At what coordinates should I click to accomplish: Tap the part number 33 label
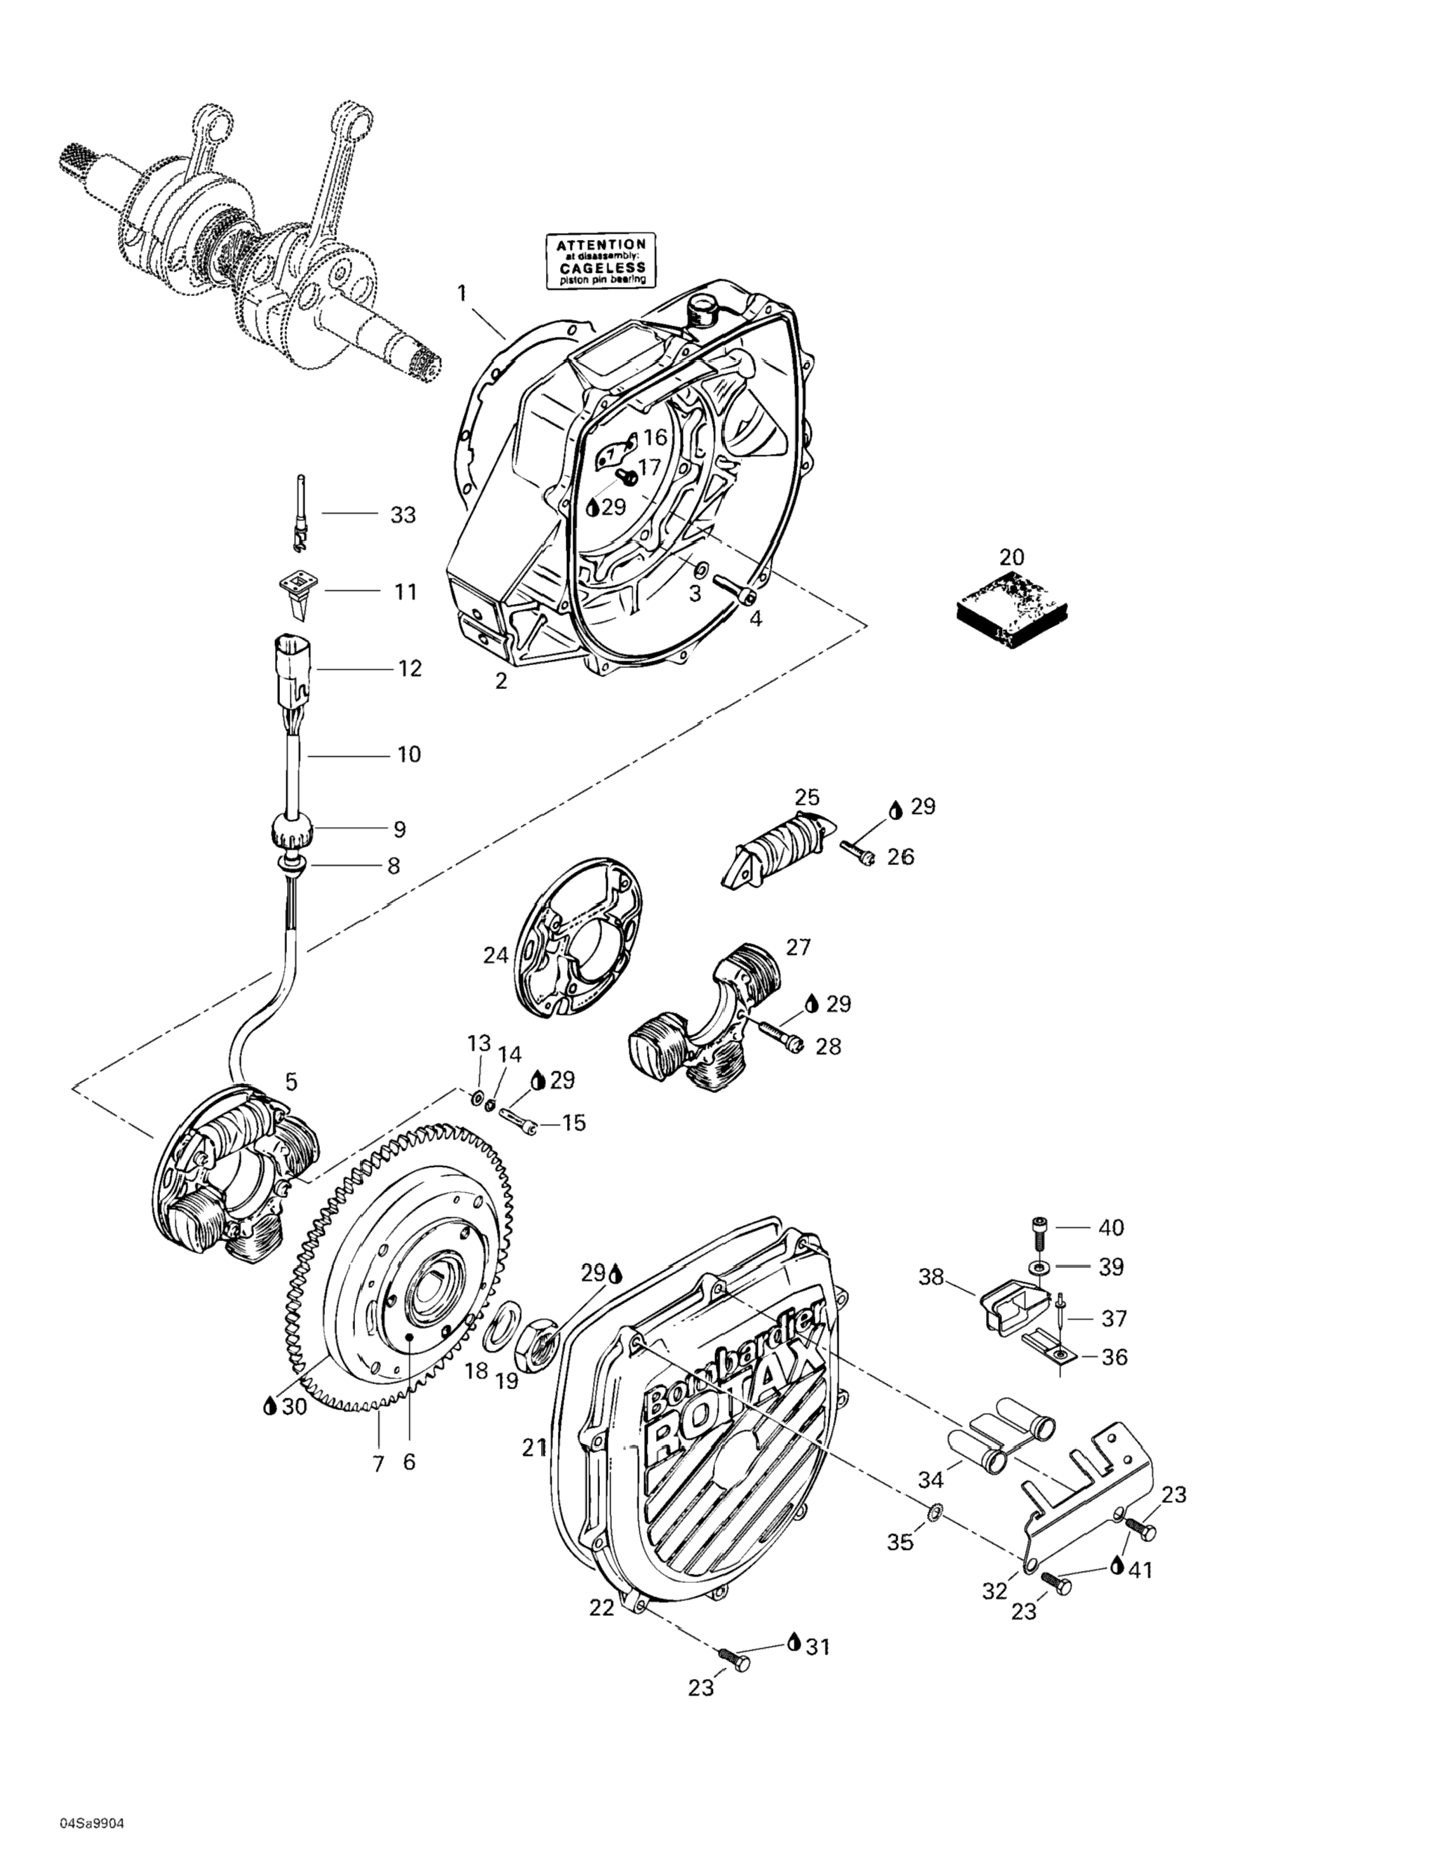pos(403,515)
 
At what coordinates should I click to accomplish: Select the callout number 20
pos(1012,557)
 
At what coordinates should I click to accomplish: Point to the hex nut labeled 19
pos(538,1344)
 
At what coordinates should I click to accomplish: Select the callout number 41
pos(1140,1570)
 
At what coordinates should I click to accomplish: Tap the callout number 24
pos(495,955)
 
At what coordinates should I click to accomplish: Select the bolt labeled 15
pos(516,1120)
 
